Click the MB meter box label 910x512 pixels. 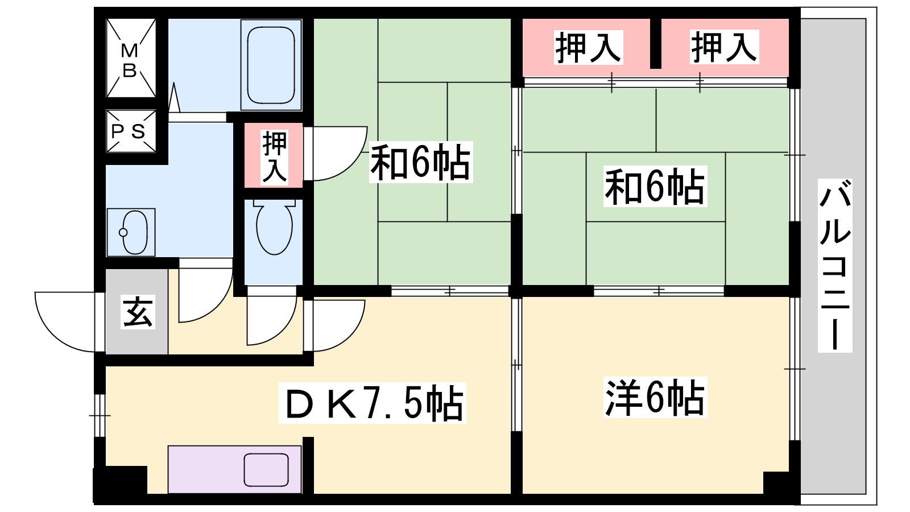(x=130, y=60)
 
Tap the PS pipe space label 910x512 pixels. (x=129, y=131)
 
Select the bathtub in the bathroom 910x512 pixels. (x=271, y=65)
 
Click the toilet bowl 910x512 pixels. (x=275, y=227)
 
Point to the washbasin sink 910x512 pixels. (x=131, y=233)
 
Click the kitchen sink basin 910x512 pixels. (x=266, y=470)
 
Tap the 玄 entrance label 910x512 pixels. (x=138, y=312)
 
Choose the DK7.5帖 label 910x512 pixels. (x=373, y=403)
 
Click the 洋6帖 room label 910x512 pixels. (x=655, y=398)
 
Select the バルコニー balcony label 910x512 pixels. (x=835, y=265)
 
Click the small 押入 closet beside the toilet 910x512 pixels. (x=274, y=155)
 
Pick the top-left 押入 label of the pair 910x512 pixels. (x=588, y=48)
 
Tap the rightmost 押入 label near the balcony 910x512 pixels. (x=724, y=47)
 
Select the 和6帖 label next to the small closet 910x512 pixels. (x=421, y=162)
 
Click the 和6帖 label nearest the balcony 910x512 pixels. (x=655, y=186)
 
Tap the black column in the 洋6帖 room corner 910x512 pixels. (x=776, y=483)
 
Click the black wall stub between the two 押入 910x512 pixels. (x=655, y=43)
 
